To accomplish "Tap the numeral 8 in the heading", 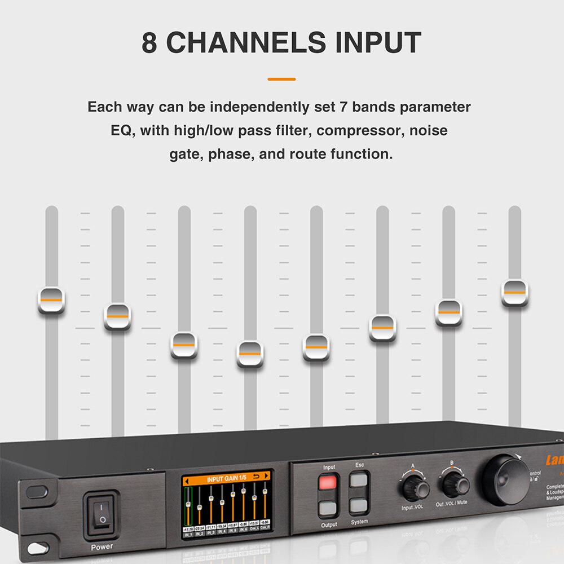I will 149,43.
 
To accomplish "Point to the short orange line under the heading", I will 281,80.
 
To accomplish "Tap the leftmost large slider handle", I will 51,300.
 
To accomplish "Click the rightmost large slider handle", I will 515,292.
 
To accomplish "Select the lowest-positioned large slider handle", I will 250,354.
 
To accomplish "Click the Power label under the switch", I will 102,547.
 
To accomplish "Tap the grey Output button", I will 328,509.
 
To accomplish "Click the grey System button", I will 359,505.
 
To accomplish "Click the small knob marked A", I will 415,488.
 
